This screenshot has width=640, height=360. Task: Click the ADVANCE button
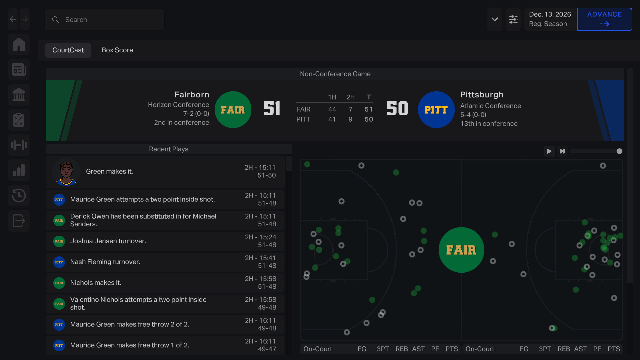click(x=604, y=19)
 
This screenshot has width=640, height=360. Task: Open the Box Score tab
click(x=117, y=50)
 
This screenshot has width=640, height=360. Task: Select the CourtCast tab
click(x=68, y=50)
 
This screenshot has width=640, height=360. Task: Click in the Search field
click(x=110, y=20)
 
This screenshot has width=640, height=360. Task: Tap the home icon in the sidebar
click(x=19, y=44)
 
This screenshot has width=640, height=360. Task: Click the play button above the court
click(x=549, y=151)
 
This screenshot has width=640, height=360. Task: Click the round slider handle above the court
click(x=619, y=151)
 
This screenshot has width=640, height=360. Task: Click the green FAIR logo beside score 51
click(x=233, y=110)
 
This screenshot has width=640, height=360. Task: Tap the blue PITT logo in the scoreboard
click(x=436, y=110)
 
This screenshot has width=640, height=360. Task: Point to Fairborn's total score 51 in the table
click(x=369, y=109)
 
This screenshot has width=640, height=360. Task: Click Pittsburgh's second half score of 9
click(x=350, y=119)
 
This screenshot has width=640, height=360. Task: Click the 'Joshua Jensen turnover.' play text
click(x=108, y=241)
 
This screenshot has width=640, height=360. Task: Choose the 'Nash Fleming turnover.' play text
click(x=105, y=262)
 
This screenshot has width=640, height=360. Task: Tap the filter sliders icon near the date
click(x=513, y=19)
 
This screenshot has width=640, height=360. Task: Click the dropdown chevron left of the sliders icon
click(x=495, y=19)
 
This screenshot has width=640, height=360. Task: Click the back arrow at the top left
click(x=13, y=19)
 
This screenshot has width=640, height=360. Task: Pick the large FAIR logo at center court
click(x=461, y=250)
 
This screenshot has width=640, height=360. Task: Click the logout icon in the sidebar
click(x=19, y=221)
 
